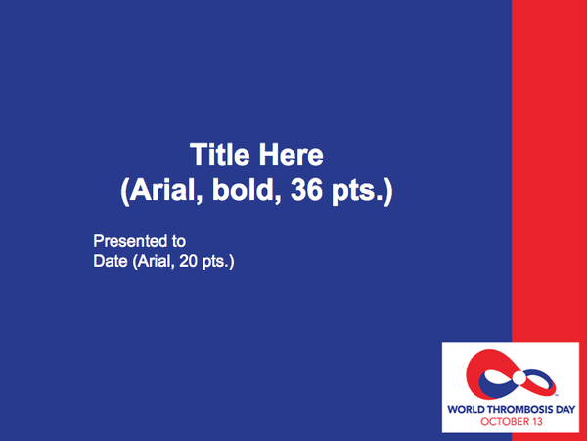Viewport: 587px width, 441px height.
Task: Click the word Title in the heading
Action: point(220,154)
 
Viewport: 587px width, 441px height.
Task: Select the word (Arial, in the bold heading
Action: point(161,190)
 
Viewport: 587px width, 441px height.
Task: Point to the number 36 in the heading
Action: point(306,189)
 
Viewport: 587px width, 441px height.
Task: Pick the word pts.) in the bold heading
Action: point(362,191)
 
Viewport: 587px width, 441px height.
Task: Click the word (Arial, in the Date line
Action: point(154,262)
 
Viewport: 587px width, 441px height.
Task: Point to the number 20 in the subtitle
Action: point(188,261)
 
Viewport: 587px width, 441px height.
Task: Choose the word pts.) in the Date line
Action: point(218,262)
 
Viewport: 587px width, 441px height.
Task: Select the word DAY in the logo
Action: point(565,409)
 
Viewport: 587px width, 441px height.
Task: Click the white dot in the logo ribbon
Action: point(519,378)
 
